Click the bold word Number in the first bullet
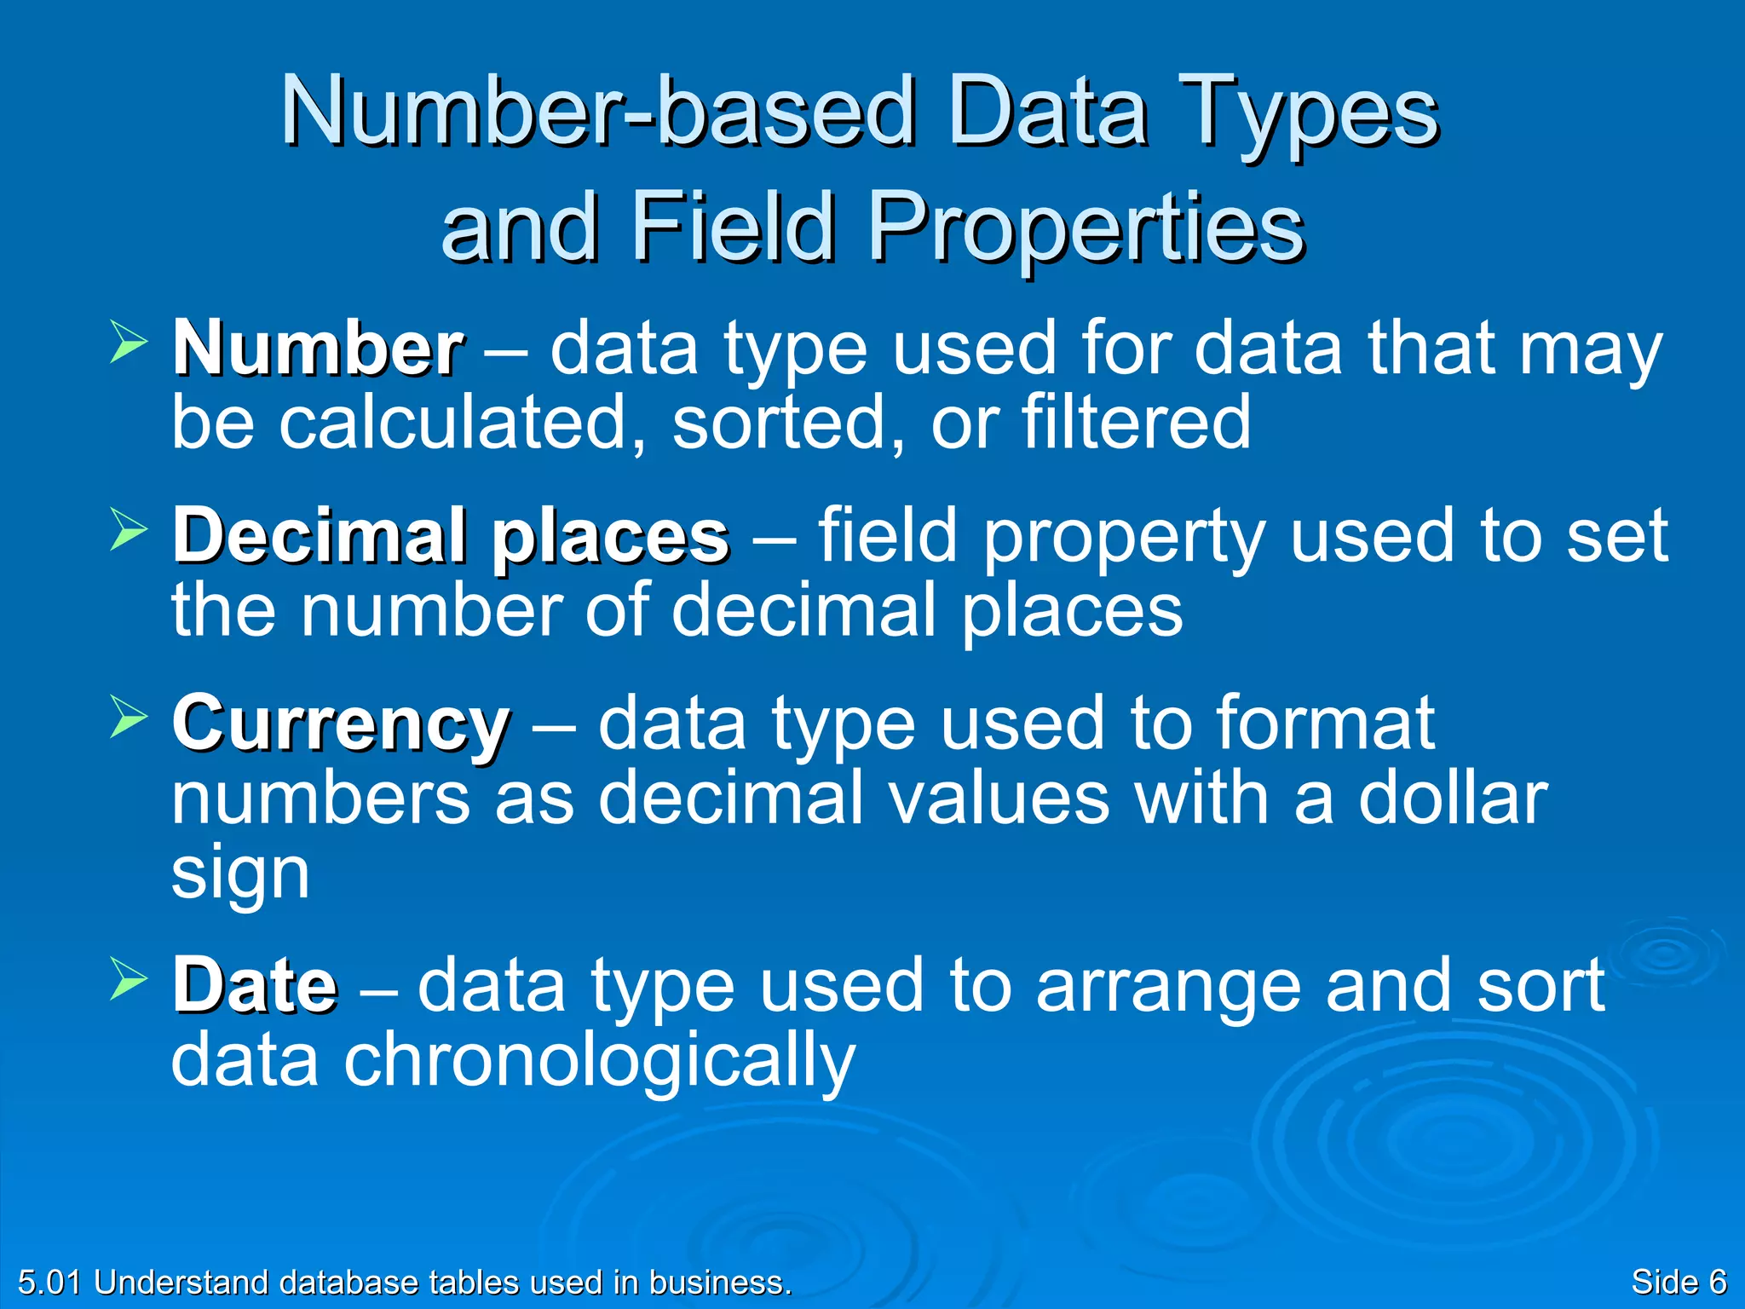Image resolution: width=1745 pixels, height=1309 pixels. point(318,349)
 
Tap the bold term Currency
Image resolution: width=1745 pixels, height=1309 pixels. point(341,724)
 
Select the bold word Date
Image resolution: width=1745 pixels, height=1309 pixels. point(255,986)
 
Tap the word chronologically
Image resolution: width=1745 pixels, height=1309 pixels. point(598,1061)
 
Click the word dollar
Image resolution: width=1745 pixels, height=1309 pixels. point(1452,799)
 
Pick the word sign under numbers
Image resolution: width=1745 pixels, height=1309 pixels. point(240,875)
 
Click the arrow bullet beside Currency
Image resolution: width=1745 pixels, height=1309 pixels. point(129,718)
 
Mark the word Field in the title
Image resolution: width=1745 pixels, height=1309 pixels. point(733,227)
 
